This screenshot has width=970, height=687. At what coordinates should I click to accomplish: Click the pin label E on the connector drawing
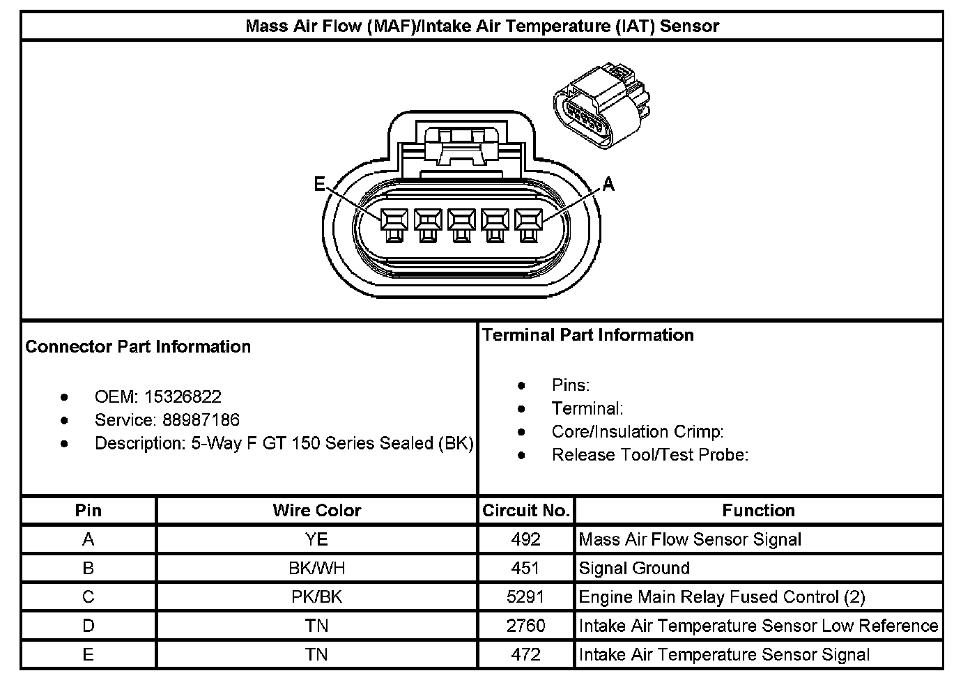(x=319, y=184)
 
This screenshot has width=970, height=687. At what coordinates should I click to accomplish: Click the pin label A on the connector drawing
(x=608, y=184)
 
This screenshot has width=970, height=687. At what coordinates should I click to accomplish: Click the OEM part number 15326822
(x=183, y=397)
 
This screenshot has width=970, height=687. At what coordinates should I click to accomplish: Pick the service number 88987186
(x=201, y=420)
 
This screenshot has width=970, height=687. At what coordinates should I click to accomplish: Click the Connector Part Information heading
(x=138, y=347)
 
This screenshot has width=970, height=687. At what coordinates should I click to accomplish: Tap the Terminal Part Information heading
(x=588, y=335)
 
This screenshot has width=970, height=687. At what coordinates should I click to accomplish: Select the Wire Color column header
(x=317, y=511)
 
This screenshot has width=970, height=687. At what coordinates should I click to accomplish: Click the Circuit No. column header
(x=526, y=511)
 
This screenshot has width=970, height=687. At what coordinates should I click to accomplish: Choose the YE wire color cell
(x=317, y=539)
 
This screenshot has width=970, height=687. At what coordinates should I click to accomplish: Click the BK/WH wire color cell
(x=317, y=569)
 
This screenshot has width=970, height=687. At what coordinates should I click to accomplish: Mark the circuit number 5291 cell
(x=526, y=597)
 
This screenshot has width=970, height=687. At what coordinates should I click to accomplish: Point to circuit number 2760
(x=526, y=626)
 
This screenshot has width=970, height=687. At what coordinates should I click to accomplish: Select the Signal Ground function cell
(x=634, y=569)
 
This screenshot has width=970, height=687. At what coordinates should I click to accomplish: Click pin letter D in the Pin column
(x=88, y=626)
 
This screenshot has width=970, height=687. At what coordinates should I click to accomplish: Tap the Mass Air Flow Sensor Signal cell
(x=690, y=539)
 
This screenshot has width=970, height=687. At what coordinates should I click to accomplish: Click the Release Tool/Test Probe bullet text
(x=649, y=455)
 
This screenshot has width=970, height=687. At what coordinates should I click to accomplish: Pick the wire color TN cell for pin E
(x=317, y=655)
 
